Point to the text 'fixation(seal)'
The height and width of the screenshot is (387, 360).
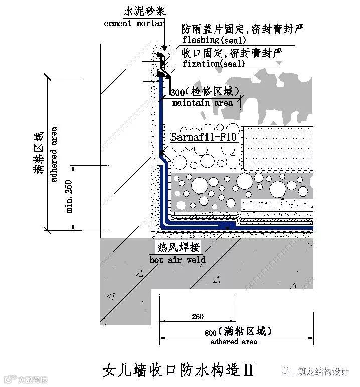(x=214, y=64)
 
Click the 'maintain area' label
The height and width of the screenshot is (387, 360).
(x=203, y=103)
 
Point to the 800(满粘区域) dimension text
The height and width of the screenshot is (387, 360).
(x=239, y=331)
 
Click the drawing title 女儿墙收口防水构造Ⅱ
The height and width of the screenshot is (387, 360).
(x=177, y=371)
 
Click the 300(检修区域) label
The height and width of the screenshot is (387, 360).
(x=203, y=92)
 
